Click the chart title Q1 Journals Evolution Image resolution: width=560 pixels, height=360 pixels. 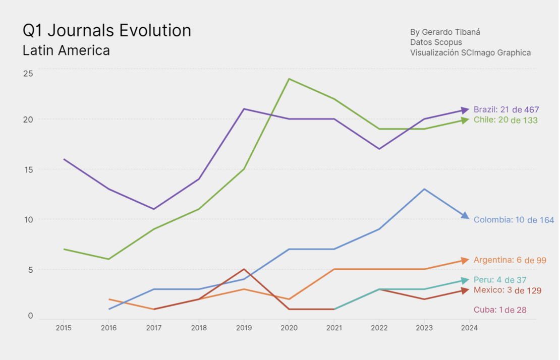tap(107, 31)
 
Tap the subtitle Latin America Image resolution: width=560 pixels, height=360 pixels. tap(66, 50)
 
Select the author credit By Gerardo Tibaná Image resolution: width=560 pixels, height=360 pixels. tap(445, 32)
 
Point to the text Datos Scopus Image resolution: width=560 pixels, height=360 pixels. tap(436, 42)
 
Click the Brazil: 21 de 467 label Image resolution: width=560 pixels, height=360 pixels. tap(506, 109)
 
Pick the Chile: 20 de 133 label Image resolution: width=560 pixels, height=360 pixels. tap(505, 120)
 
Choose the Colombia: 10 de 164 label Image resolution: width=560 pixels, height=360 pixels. tap(513, 220)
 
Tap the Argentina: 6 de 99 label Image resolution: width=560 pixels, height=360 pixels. tap(510, 260)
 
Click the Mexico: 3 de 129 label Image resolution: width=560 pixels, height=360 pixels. tap(507, 290)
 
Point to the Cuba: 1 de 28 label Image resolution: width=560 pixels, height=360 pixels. tap(499, 310)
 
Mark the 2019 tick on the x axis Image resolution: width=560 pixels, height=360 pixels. tap(244, 328)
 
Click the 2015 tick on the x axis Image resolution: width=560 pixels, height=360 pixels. tap(64, 328)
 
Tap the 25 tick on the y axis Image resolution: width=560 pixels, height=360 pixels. tap(28, 73)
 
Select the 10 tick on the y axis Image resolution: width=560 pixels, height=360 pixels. tap(28, 219)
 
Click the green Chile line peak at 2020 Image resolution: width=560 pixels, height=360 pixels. tap(289, 79)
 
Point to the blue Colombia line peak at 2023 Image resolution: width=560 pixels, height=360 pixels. tap(424, 189)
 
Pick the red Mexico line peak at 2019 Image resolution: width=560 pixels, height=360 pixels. tap(244, 269)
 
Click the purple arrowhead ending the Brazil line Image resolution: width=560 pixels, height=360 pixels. tap(465, 110)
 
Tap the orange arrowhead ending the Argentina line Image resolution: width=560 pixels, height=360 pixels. tap(465, 260)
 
